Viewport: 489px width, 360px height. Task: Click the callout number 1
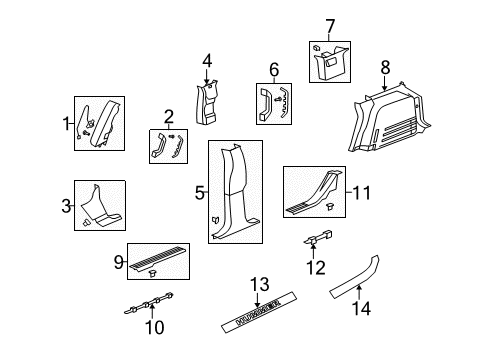pyautogui.click(x=67, y=124)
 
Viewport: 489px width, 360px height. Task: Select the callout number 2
pyautogui.click(x=169, y=116)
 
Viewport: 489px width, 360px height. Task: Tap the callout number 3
pyautogui.click(x=67, y=206)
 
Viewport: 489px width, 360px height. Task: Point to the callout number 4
pyautogui.click(x=207, y=62)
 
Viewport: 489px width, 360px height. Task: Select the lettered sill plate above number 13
pyautogui.click(x=263, y=321)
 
